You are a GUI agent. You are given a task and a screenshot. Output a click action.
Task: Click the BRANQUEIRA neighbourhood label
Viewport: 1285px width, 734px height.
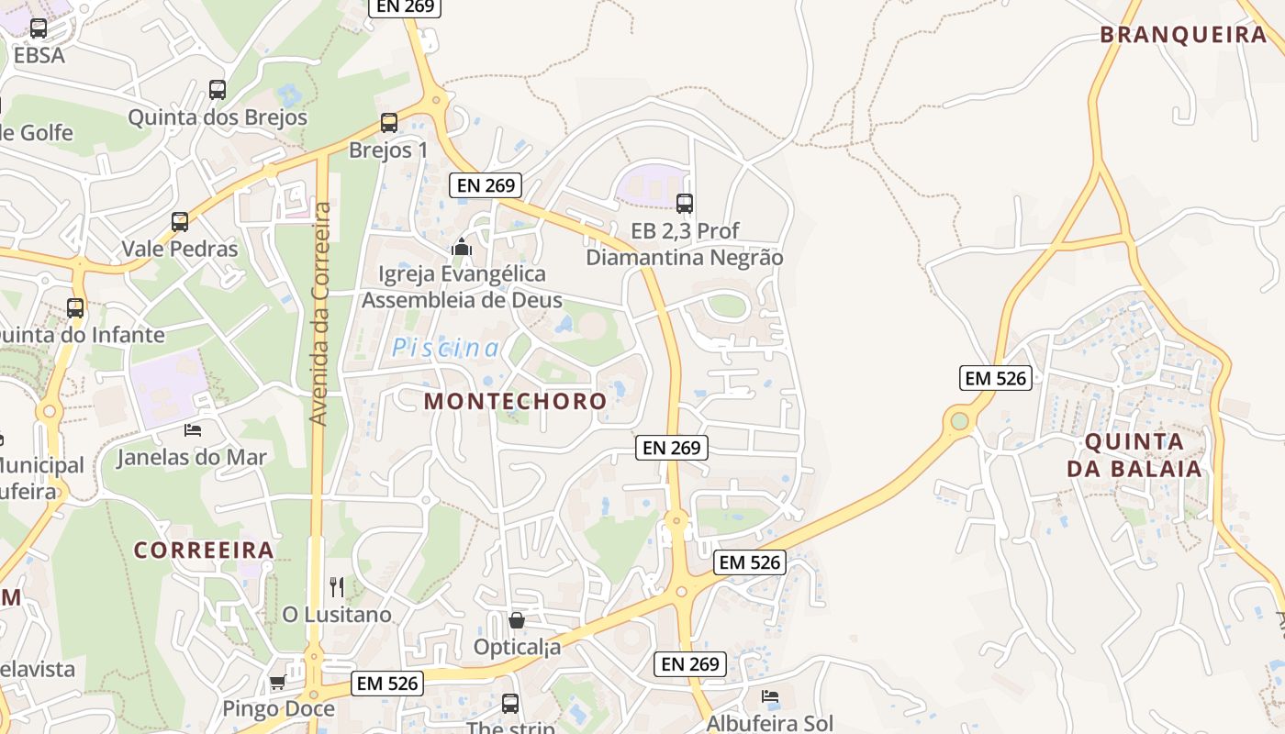click(x=1183, y=35)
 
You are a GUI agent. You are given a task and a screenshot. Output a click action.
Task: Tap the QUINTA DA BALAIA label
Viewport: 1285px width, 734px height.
click(x=1134, y=455)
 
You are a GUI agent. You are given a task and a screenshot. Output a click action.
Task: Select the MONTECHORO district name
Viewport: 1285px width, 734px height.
click(x=515, y=401)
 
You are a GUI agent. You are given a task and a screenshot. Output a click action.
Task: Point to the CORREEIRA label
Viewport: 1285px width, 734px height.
click(x=204, y=550)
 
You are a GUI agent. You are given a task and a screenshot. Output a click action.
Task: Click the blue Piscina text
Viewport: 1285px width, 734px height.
click(x=446, y=349)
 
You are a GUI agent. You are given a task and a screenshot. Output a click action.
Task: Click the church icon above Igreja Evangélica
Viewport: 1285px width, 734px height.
click(x=461, y=247)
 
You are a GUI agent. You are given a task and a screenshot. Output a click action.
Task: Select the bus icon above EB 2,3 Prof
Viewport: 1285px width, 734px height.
click(x=685, y=204)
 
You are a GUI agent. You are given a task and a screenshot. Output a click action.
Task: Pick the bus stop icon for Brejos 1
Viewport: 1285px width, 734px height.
click(x=389, y=122)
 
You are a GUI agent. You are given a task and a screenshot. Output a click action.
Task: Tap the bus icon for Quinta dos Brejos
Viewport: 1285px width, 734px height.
click(x=218, y=90)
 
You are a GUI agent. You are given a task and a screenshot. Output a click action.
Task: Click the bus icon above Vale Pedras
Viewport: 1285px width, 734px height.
click(x=180, y=221)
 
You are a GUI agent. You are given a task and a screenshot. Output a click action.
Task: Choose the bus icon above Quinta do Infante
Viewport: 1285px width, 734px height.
click(x=75, y=307)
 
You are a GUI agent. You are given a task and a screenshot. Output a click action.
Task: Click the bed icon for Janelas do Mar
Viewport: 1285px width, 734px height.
click(x=192, y=429)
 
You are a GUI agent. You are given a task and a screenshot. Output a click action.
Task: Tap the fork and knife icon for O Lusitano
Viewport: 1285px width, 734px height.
click(x=337, y=586)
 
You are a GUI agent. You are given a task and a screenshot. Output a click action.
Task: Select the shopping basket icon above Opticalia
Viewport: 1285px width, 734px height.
click(x=517, y=620)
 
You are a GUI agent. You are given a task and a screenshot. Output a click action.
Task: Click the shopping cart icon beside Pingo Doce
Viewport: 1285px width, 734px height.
click(x=277, y=682)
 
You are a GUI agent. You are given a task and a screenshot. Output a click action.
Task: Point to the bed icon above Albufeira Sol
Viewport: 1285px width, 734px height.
click(x=770, y=696)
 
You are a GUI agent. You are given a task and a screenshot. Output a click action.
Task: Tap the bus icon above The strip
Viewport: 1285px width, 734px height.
click(x=510, y=704)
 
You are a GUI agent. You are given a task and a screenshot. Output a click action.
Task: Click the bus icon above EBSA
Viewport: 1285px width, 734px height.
click(x=39, y=28)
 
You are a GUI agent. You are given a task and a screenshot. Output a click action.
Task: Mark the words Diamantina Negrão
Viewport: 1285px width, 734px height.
click(x=685, y=258)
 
